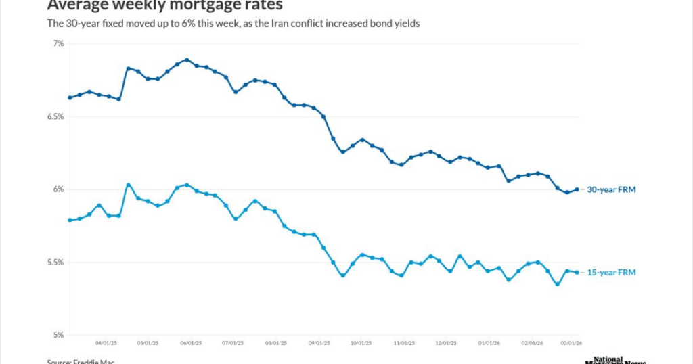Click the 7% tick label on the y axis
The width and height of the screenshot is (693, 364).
pyautogui.click(x=58, y=43)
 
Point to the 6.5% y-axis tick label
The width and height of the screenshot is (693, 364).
pyautogui.click(x=55, y=116)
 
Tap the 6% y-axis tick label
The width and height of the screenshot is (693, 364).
pyautogui.click(x=58, y=189)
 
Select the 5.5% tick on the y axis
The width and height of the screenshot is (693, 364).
pyautogui.click(x=55, y=263)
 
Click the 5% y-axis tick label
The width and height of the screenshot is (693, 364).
pyautogui.click(x=58, y=335)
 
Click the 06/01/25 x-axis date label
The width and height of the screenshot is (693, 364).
pyautogui.click(x=191, y=343)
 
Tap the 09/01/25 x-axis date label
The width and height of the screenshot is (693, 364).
pyautogui.click(x=319, y=343)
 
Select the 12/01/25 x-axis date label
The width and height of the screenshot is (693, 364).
pyautogui.click(x=447, y=343)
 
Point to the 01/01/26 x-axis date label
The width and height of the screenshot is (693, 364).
pyautogui.click(x=489, y=343)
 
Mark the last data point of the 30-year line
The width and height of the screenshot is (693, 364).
pyautogui.click(x=577, y=189)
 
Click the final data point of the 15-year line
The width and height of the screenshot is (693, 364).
pyautogui.click(x=577, y=273)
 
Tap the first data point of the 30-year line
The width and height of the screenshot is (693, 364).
pyautogui.click(x=70, y=97)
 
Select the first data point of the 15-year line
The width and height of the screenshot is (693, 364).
pyautogui.click(x=70, y=220)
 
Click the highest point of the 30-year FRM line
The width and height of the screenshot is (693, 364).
pyautogui.click(x=187, y=60)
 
